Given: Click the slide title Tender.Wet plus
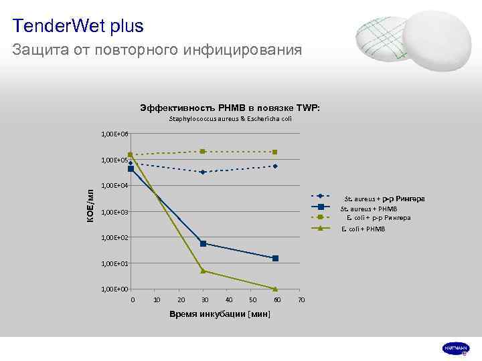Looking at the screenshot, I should click(x=78, y=26).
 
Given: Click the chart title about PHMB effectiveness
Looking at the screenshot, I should click(x=230, y=108).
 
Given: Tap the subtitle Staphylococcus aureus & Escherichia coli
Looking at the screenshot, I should click(x=230, y=119).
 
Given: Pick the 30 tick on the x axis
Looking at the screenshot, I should click(x=205, y=299).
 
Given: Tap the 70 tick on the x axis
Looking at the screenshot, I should click(x=301, y=299).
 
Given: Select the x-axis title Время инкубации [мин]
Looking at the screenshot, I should click(x=220, y=314).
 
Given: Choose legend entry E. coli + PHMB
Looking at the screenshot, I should click(x=363, y=229).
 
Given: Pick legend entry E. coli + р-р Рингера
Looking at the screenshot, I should click(x=378, y=218).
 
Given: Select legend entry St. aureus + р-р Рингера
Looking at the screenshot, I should click(x=384, y=199).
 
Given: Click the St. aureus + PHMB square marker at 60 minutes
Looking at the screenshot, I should click(x=275, y=258).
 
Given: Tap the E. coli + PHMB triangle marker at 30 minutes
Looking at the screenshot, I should click(x=203, y=271).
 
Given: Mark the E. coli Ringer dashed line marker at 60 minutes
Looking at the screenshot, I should click(x=275, y=152).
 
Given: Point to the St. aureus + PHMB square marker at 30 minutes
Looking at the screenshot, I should click(x=203, y=243).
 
